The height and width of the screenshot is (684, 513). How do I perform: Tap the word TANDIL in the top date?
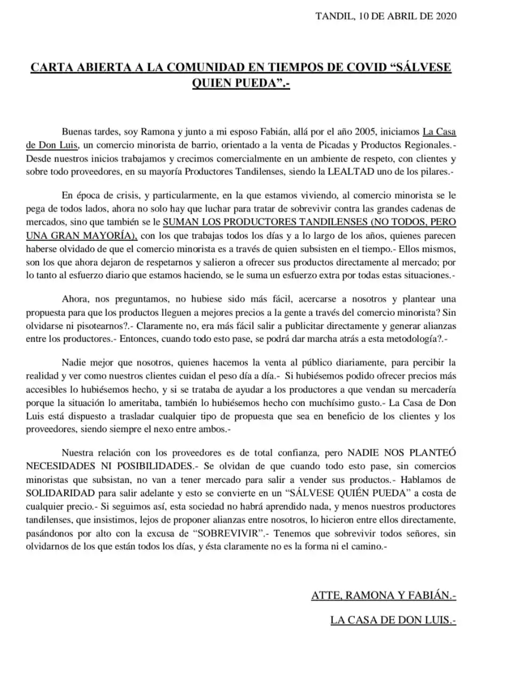click(x=333, y=16)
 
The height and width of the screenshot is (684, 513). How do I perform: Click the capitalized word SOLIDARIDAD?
click(x=60, y=492)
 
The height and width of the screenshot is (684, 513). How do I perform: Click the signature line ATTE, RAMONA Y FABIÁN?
click(x=383, y=596)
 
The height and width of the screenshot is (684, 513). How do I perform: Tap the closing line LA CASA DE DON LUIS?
click(x=393, y=620)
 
